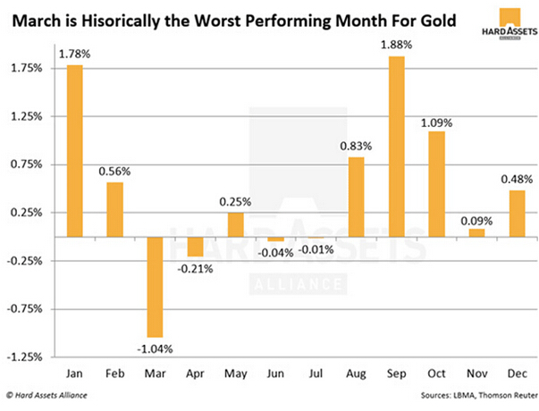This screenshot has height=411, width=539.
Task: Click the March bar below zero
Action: pos(155,287)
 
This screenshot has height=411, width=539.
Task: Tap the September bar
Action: pos(397,147)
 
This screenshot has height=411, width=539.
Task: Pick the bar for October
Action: pos(437,184)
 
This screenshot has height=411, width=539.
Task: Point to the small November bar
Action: pos(477,232)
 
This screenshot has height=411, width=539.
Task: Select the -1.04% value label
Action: pos(155,348)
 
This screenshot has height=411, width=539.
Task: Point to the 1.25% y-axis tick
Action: pos(29,116)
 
